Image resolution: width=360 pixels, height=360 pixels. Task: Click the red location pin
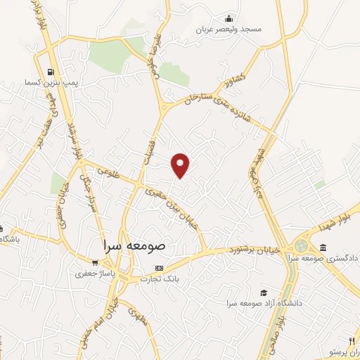tap(181, 165)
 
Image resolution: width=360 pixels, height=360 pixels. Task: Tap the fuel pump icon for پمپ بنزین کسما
tap(51, 72)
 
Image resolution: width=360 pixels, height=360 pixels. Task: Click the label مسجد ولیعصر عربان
tap(229, 29)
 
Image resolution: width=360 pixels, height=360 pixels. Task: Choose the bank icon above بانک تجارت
tap(159, 268)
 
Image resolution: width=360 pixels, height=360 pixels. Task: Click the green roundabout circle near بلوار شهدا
tap(301, 246)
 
